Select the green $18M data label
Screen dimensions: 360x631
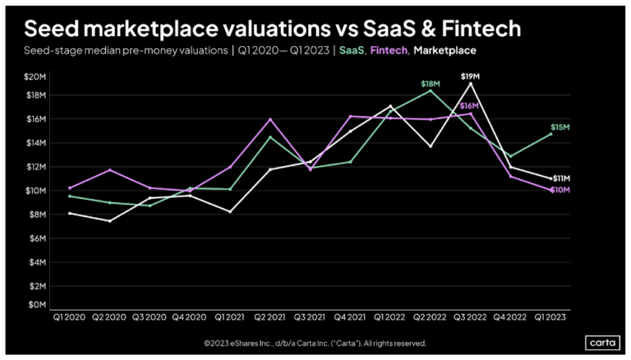430,84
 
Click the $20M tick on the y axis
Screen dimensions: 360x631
35,76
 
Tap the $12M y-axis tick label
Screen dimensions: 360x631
35,167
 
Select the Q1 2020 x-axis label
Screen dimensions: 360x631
67,316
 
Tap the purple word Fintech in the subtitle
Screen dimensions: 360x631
389,51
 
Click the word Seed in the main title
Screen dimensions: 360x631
50,29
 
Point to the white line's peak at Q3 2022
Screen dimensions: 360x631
470,83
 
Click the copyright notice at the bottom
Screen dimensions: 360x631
315,343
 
